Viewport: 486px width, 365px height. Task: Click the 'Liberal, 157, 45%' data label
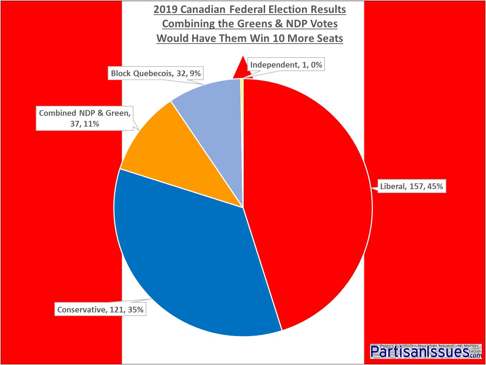[411, 186]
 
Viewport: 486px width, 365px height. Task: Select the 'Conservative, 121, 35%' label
[100, 310]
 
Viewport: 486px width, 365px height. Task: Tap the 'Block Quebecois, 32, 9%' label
[156, 74]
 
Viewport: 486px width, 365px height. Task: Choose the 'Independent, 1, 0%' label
[286, 65]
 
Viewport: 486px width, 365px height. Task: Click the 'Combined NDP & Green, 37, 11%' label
[85, 118]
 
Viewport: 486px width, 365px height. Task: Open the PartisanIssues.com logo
[426, 351]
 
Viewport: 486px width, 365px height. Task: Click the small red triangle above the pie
[242, 70]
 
